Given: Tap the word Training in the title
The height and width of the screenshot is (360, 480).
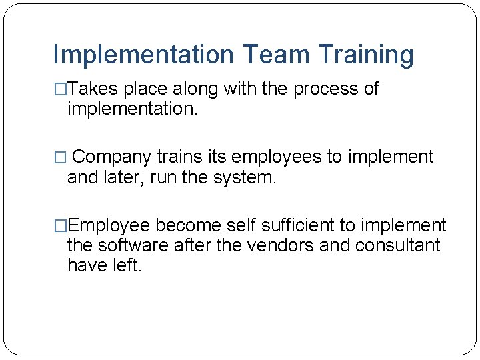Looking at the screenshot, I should click(366, 55).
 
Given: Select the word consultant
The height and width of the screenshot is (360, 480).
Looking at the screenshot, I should click(398, 245).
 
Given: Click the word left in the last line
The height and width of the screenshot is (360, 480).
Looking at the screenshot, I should click(127, 265).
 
